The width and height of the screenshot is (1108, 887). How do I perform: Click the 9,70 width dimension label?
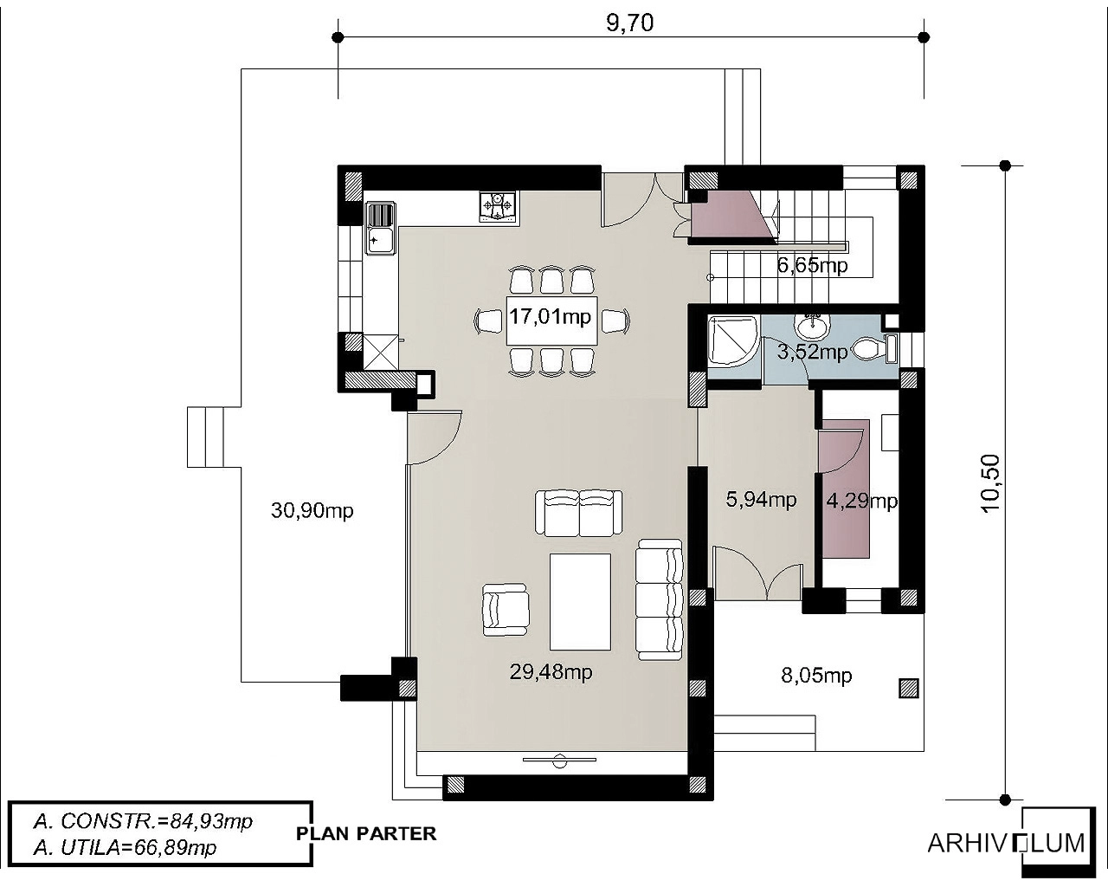tap(629, 23)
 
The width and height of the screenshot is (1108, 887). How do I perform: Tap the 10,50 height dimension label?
tap(990, 483)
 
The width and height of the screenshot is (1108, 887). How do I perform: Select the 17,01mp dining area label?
tap(550, 316)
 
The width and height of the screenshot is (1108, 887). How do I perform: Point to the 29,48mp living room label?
tap(551, 671)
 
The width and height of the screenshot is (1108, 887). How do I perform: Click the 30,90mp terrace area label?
tap(312, 510)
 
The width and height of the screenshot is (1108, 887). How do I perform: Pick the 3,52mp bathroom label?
tap(812, 352)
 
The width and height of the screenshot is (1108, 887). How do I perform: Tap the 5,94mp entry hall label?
tap(761, 499)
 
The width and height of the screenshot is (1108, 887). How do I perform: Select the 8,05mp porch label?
tap(816, 675)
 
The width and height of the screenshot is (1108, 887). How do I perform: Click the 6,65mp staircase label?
tap(812, 265)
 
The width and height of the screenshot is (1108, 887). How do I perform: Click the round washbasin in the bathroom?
tap(813, 325)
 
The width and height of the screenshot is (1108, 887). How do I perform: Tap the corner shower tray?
tap(731, 340)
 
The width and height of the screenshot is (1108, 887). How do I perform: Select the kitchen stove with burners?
tap(497, 206)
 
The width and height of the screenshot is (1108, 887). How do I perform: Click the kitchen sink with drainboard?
tap(381, 228)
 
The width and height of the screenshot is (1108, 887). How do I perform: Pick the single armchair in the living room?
tap(506, 610)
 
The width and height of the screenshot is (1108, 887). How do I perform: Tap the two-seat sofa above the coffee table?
tap(579, 514)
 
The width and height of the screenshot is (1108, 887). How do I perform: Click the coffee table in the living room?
tap(580, 602)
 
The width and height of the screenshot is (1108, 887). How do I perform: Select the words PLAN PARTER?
tap(366, 833)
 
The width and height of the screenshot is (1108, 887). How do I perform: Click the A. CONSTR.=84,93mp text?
tap(143, 821)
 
